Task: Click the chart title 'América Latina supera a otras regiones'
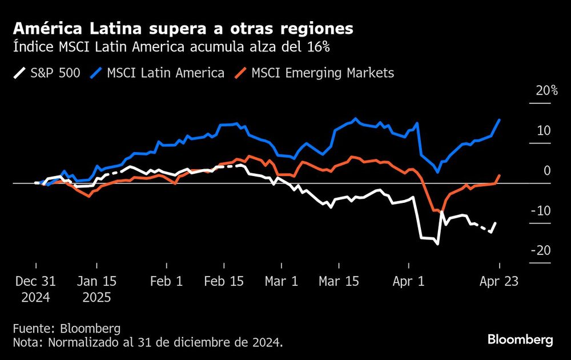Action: coord(183,28)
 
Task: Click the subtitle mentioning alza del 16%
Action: coord(171,47)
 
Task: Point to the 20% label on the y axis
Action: coord(546,91)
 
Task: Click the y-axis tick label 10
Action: coord(544,131)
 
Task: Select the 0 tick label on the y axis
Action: coord(547,171)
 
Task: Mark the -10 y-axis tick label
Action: coord(541,211)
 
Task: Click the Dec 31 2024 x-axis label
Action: coord(35,289)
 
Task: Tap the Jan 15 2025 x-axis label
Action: coord(96,289)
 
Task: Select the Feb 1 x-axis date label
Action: coord(167,282)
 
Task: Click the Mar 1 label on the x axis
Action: coord(282,282)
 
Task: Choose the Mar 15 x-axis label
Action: coord(339,282)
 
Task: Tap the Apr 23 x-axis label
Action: coord(500,282)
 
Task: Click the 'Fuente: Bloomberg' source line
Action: coord(67,329)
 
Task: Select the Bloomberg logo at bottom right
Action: coord(520,340)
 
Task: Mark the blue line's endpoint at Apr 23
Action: coord(500,119)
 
